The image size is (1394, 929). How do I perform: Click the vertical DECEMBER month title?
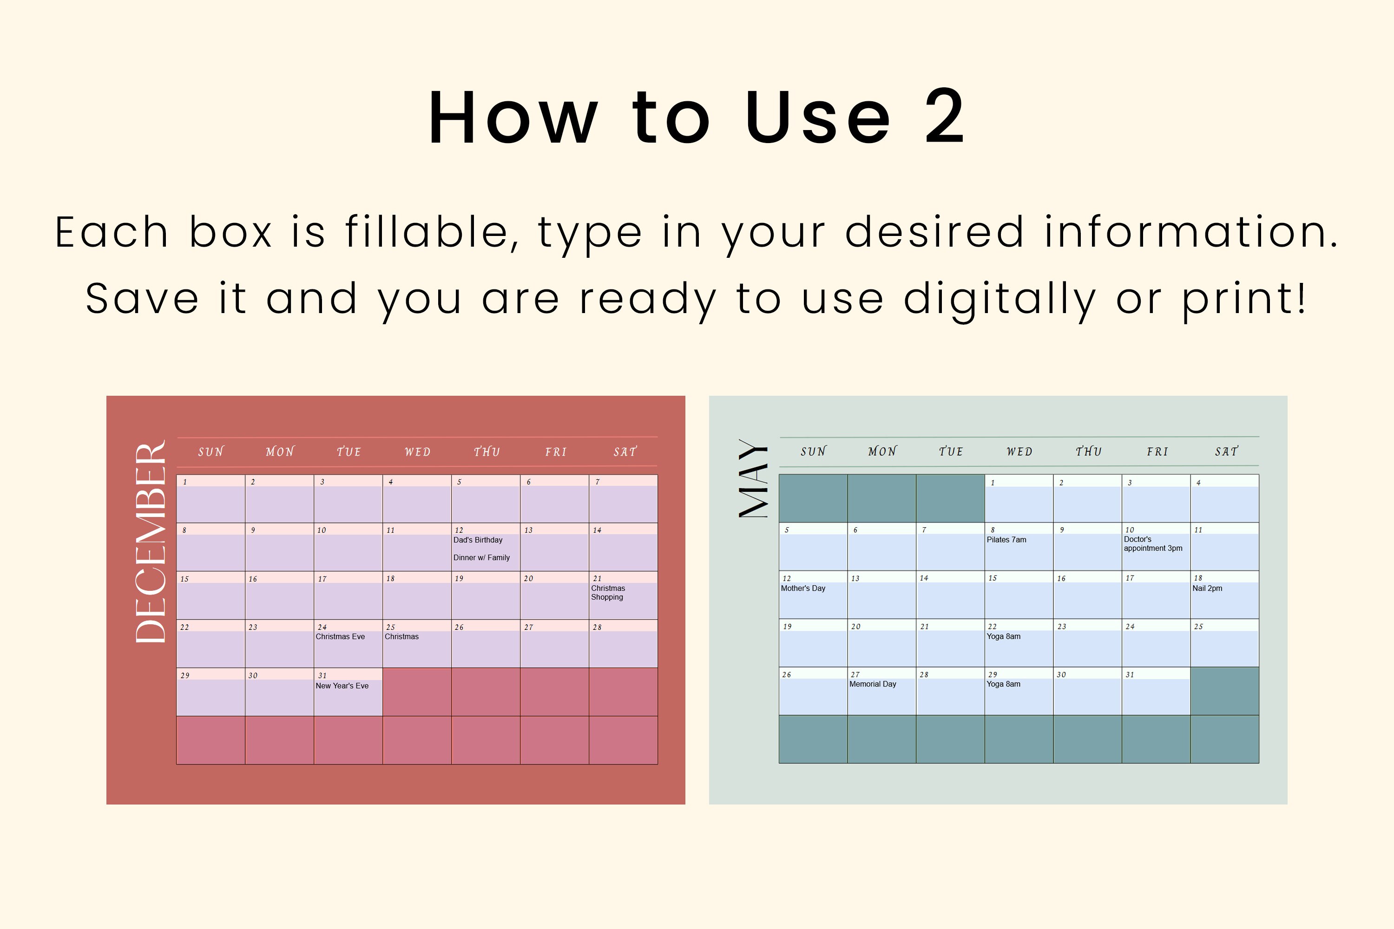point(151,542)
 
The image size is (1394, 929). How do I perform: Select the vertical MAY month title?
point(753,479)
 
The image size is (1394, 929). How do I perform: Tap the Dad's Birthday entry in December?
point(478,540)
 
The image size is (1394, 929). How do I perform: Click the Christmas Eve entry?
point(340,636)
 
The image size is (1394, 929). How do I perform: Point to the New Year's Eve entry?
point(342,686)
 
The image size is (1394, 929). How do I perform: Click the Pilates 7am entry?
point(1006,540)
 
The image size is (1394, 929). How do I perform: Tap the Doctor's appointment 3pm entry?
point(1152,544)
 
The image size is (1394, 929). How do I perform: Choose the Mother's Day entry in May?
point(802,589)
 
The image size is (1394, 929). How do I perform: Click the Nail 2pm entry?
point(1207,589)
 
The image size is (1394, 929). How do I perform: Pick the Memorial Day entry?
point(873,684)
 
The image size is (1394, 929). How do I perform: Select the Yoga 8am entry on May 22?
point(1003,636)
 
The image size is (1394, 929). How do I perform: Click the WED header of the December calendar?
point(417,452)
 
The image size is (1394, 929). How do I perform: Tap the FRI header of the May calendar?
point(1157,451)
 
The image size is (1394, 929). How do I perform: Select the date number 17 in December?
point(322,579)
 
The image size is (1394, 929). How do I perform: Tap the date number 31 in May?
point(1130,674)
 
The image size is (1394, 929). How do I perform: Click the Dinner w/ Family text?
point(481,557)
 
